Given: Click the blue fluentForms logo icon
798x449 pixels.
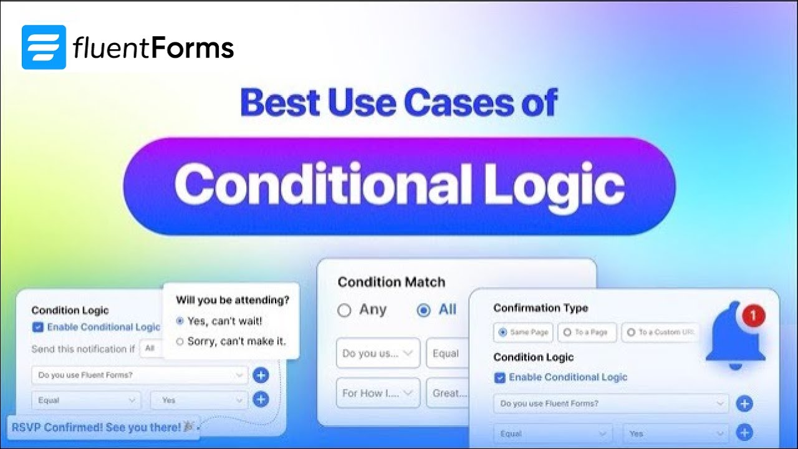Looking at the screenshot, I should point(44,47).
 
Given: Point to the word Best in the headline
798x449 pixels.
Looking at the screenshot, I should point(278,102).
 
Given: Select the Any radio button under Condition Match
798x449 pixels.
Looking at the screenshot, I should point(344,311).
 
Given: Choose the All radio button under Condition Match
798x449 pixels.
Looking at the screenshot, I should point(424,311).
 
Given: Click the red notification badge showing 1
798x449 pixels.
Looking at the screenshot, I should point(753,316).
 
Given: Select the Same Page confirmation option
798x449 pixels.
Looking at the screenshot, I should point(502,332).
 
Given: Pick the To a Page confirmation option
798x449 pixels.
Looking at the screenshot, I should point(567,332).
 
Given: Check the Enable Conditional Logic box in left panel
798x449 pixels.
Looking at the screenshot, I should point(37,327).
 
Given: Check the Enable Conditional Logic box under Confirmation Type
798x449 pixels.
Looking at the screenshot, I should point(499,377).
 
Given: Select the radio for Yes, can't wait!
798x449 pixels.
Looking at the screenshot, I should point(180,321).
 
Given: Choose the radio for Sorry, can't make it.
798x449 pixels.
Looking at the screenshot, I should point(180,341).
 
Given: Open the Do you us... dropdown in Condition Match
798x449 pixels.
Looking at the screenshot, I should point(378,354).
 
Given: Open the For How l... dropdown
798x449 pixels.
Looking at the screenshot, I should point(378,393).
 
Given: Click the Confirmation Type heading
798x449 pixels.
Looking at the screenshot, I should point(541,308).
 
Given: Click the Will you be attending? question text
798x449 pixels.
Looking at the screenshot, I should point(233,300).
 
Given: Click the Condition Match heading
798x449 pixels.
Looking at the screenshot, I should point(392,282).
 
